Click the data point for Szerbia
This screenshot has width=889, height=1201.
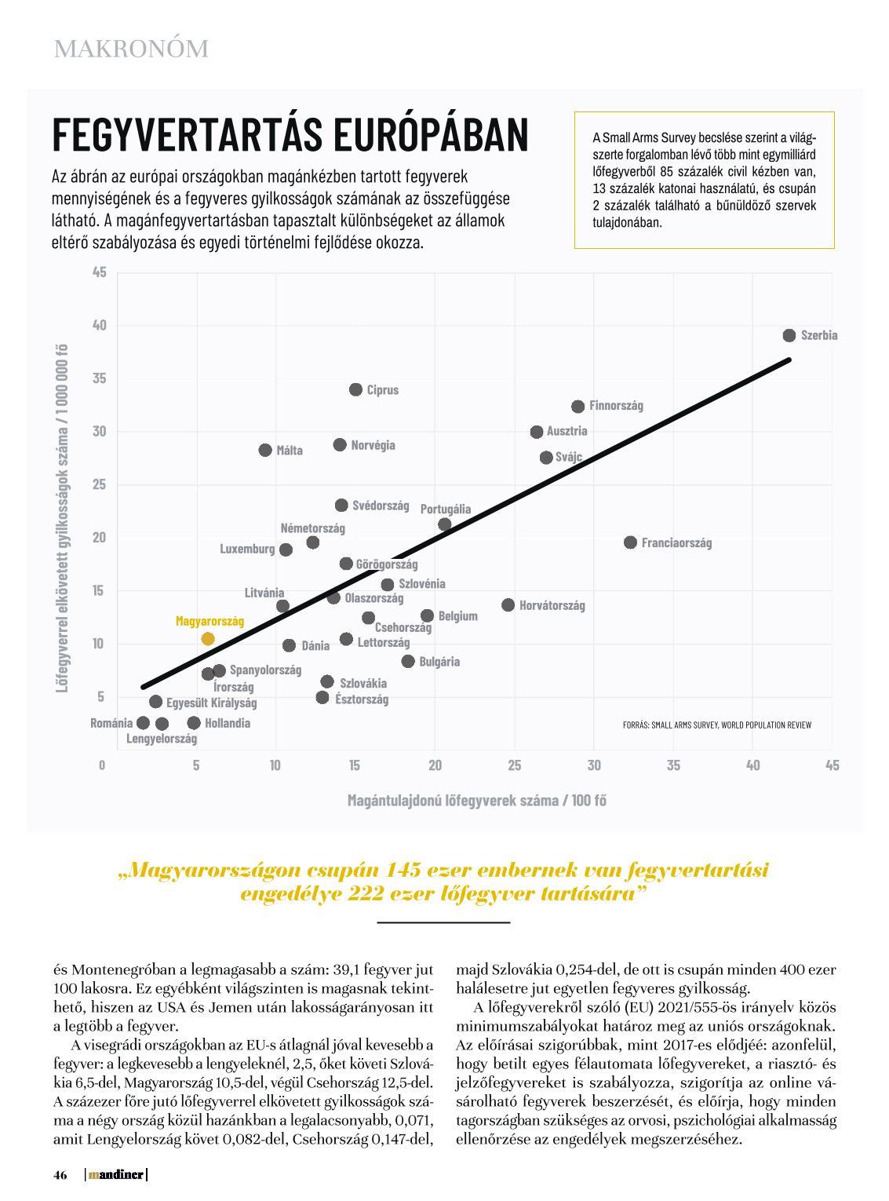(789, 335)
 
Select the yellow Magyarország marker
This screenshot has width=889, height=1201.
(208, 639)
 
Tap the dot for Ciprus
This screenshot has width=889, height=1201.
(355, 389)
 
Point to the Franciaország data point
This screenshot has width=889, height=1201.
(630, 542)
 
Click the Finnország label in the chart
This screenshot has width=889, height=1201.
(616, 406)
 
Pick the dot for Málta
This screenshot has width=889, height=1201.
(265, 450)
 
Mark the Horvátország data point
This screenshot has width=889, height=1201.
(508, 604)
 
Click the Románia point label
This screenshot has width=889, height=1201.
(111, 723)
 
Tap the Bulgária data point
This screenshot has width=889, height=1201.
(408, 661)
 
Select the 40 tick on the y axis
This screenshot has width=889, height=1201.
(99, 325)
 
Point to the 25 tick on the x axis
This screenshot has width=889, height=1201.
(514, 765)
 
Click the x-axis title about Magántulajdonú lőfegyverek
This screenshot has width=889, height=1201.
(476, 800)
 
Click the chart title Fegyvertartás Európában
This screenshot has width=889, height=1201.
(290, 135)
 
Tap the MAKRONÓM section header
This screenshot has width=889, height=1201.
(131, 49)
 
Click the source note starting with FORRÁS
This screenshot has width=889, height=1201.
(716, 725)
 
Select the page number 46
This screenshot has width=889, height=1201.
(60, 1175)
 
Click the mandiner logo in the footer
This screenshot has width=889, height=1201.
(116, 1175)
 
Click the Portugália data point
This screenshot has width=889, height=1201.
(445, 524)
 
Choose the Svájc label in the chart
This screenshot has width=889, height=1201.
(569, 457)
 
